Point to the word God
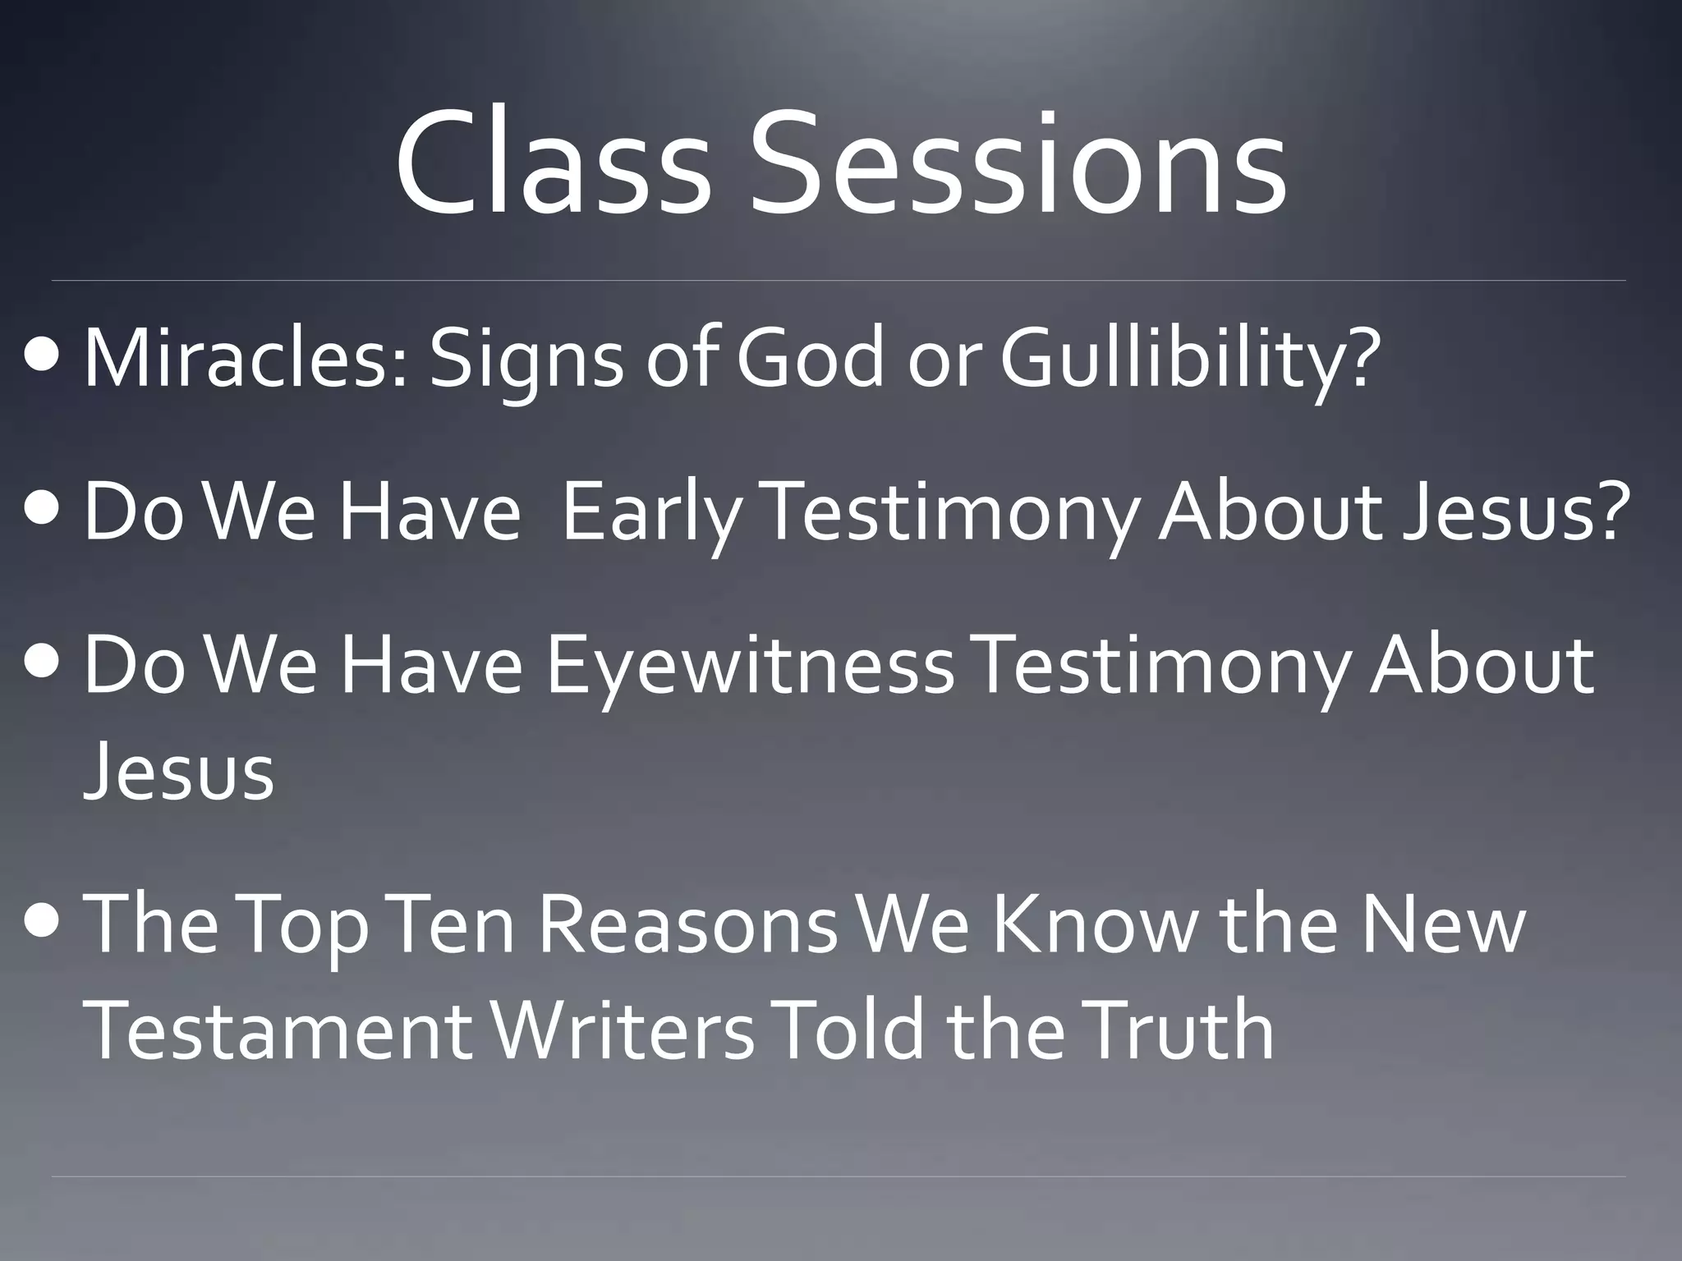(809, 357)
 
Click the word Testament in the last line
(278, 1030)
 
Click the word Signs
(526, 361)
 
